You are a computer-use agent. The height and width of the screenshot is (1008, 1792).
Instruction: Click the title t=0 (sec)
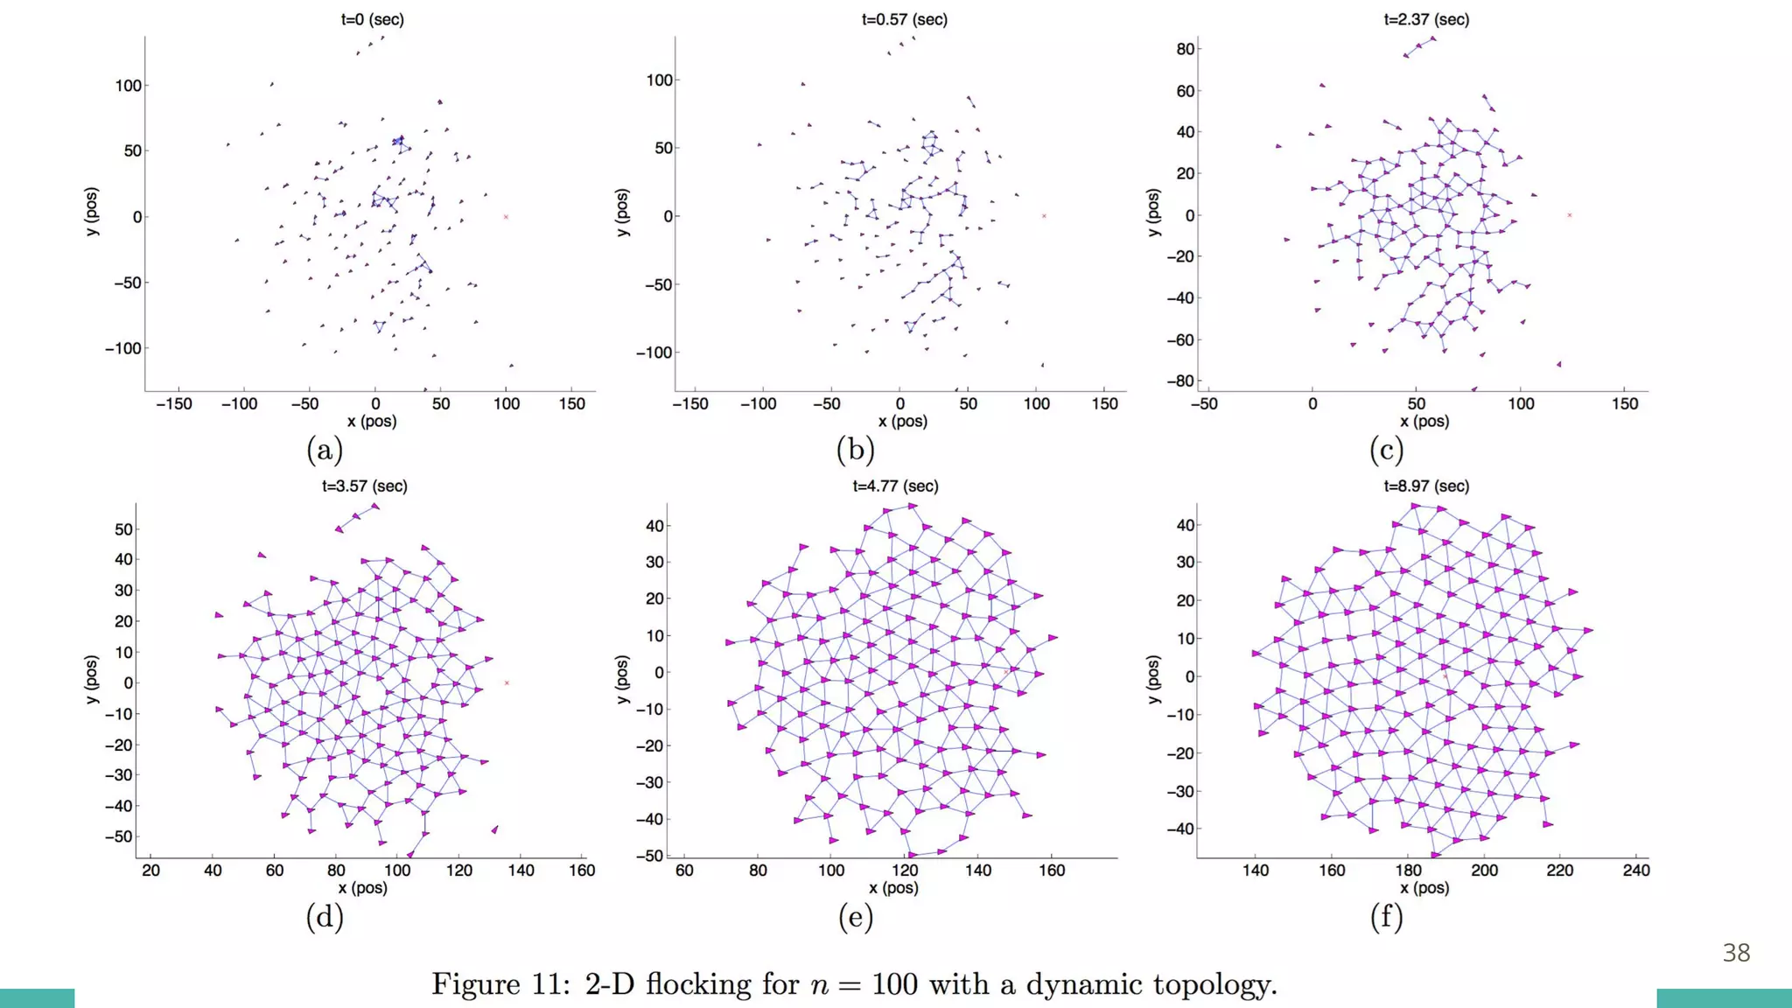(372, 19)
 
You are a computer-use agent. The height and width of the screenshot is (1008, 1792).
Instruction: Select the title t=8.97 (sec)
(1426, 486)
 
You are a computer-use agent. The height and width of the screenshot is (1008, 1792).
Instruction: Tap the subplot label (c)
(1386, 450)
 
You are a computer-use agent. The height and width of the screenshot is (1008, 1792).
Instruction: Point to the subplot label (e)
(855, 916)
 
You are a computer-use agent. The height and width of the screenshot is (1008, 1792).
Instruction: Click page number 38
(1736, 953)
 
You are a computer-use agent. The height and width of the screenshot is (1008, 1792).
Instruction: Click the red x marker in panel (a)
(506, 217)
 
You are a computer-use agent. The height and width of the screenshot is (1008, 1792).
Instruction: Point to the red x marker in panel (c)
(1569, 215)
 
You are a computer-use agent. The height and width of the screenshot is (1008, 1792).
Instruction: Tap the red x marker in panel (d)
(507, 683)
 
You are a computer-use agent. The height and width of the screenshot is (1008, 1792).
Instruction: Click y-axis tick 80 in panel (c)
(1185, 49)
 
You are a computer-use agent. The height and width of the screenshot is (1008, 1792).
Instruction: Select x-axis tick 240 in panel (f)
(1635, 871)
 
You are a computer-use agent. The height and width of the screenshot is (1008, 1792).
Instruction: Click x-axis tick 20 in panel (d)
(150, 871)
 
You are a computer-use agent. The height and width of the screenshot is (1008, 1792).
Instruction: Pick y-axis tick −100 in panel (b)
(653, 353)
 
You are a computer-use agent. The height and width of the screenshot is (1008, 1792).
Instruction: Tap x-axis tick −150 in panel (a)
(173, 404)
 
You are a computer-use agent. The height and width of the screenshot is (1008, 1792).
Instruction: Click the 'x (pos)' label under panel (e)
(893, 888)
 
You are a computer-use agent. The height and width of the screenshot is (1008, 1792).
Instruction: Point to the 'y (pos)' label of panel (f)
(1152, 679)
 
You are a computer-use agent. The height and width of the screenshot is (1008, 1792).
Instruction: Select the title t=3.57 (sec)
(364, 486)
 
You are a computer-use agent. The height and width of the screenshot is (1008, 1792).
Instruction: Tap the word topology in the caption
(1214, 984)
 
